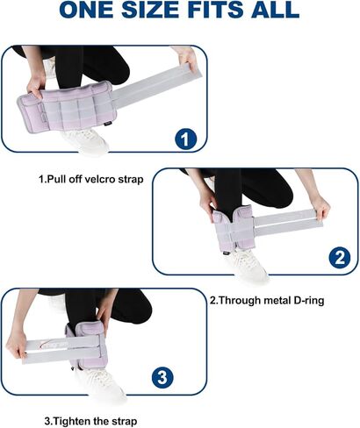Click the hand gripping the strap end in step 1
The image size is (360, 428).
click(x=186, y=61)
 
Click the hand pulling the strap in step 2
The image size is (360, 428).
click(x=320, y=208)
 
